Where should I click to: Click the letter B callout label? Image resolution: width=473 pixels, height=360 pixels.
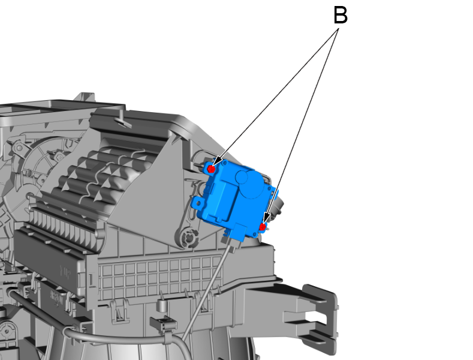340,16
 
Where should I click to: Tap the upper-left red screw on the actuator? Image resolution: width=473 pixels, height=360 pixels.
211,169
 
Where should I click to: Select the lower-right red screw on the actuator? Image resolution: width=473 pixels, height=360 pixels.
263,227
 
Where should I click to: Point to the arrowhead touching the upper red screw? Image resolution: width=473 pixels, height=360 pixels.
217,162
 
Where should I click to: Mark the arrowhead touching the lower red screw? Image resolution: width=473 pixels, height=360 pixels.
266,219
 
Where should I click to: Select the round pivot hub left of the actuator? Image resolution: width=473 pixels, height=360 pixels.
188,238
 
